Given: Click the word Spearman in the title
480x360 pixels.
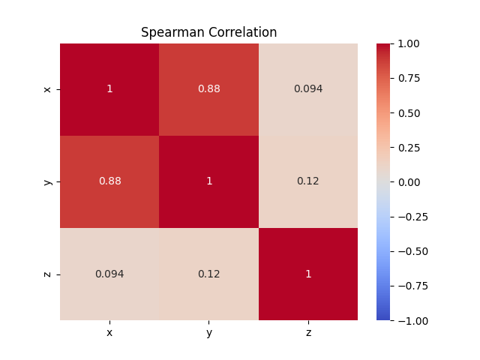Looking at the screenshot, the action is pos(172,33).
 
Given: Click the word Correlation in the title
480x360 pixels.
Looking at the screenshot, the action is pos(243,32).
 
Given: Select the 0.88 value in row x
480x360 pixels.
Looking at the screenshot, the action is pos(209,88).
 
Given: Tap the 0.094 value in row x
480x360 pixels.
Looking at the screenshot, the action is pos(308,88).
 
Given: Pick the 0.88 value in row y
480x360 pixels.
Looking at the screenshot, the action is pos(110,181).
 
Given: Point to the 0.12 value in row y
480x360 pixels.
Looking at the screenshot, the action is pos(308,181).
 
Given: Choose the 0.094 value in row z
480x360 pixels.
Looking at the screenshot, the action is pos(109,274).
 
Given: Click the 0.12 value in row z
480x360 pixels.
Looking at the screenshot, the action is pos(209,274).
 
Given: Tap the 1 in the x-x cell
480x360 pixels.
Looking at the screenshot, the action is pos(109,88).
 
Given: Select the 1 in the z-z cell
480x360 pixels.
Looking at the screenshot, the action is pos(308,274).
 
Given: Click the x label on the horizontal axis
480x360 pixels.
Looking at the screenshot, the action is pos(109,333).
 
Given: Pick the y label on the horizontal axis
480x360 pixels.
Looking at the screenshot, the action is pos(209,333).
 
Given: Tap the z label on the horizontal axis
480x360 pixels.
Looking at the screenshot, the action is pos(308,333).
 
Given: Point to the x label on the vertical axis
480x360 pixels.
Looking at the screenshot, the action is pos(47,89).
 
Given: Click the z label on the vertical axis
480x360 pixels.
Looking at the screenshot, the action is pos(47,274).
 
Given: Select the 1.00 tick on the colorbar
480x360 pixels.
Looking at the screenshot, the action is pos(409,43).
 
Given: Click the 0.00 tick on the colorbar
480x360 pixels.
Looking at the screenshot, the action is pos(409,182).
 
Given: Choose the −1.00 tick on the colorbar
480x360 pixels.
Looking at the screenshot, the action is pos(413,321).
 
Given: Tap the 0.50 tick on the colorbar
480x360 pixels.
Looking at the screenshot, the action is pos(409,113).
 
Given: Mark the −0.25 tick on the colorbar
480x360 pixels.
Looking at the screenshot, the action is pos(413,217).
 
